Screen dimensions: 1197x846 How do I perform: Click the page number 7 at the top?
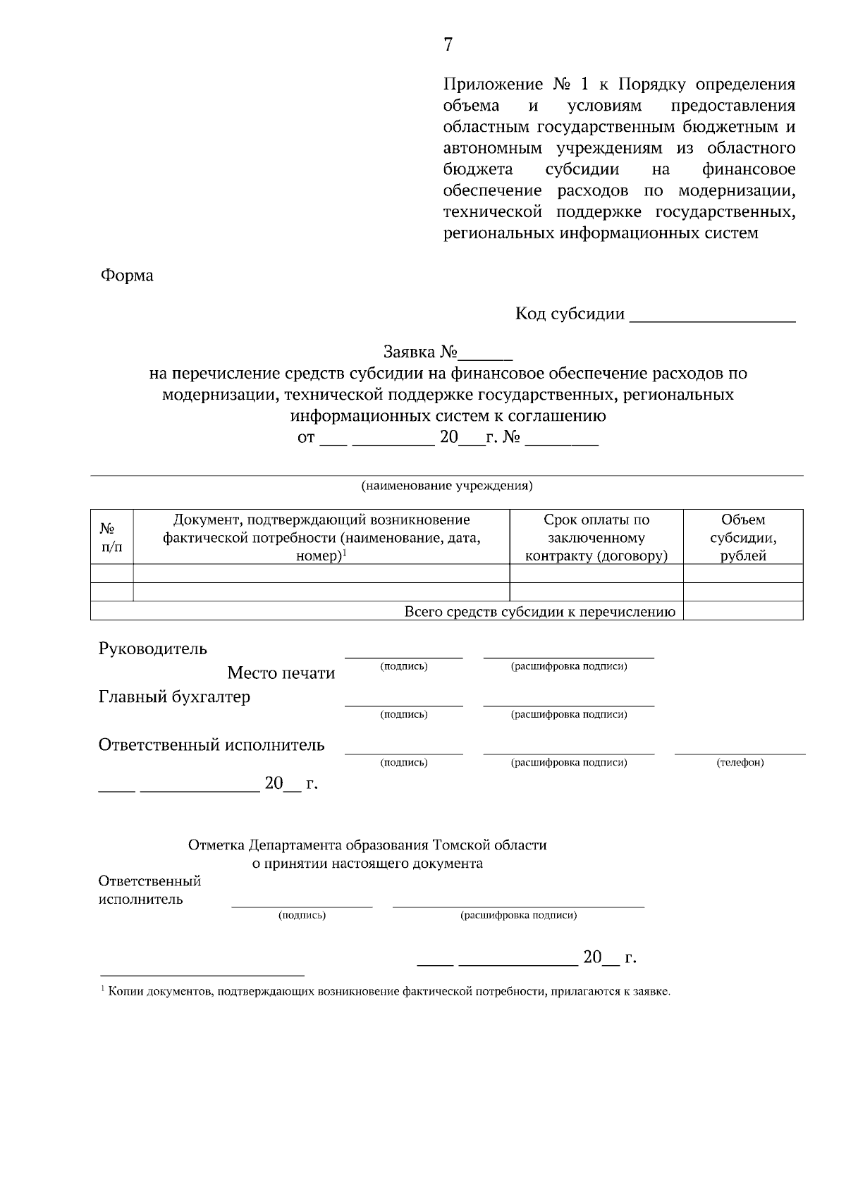coord(448,45)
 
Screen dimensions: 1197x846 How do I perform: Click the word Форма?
coord(127,276)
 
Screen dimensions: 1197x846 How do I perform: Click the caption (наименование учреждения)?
coord(447,486)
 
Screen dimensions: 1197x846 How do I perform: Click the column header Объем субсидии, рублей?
coord(743,537)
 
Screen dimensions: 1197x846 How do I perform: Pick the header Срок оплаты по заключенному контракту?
coord(596,537)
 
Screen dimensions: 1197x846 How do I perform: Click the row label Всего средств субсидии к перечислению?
coord(539,612)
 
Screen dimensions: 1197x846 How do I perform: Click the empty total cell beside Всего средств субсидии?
coord(743,611)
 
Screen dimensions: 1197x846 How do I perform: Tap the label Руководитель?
coord(153,649)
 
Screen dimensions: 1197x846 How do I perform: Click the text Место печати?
coord(281,673)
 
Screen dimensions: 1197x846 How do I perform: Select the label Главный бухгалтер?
coord(174,697)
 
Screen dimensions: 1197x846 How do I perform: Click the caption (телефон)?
coord(740,763)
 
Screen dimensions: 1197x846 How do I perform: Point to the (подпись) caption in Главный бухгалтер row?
coord(404,715)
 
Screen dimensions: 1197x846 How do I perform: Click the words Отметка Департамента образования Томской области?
coord(367,845)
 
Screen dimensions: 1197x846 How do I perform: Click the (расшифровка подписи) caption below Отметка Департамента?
coord(518,916)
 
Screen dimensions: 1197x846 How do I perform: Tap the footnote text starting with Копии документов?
coord(388,992)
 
